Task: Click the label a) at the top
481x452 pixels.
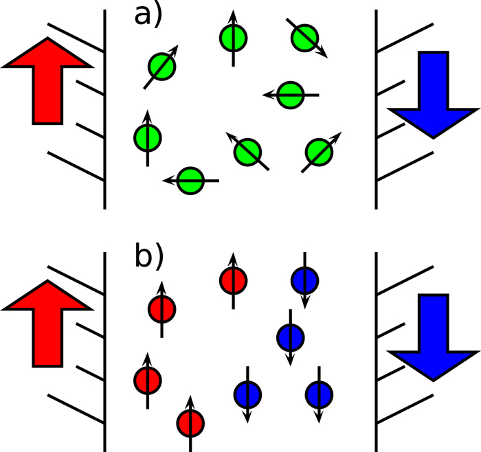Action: tap(147, 14)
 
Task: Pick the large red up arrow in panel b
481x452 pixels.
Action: tap(47, 322)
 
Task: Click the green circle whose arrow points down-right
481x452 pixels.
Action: tap(304, 37)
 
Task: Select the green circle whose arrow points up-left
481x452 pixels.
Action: tap(247, 150)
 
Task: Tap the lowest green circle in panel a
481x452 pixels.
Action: tap(191, 181)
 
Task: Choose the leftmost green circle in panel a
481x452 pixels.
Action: tap(147, 138)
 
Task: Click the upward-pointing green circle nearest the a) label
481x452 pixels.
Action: tap(233, 37)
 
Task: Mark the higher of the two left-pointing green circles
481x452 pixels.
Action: tap(291, 95)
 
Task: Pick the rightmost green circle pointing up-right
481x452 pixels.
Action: tap(318, 150)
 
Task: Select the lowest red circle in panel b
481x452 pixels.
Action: tap(190, 422)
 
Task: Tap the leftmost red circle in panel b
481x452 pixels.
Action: tap(147, 379)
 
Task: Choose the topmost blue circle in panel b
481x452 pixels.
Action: tap(304, 280)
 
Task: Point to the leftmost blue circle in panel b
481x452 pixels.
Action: tap(247, 394)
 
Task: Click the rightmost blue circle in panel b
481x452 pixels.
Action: tap(319, 394)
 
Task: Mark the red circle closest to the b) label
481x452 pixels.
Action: tap(161, 308)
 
